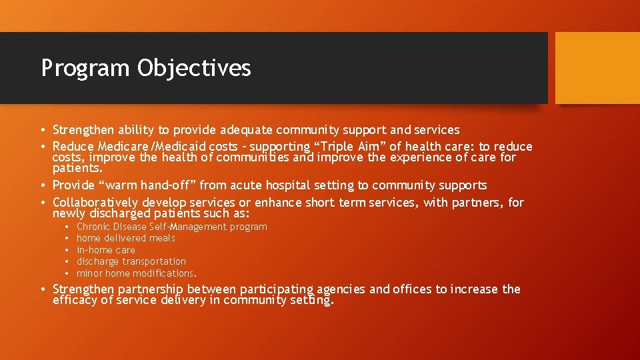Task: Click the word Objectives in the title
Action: (x=195, y=69)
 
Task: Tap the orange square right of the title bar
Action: (x=597, y=68)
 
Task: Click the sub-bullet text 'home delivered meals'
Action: (x=126, y=238)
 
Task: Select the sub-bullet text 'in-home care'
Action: (x=106, y=250)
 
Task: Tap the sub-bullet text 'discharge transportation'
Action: (x=131, y=261)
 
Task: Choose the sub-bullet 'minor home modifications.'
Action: (x=137, y=273)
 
